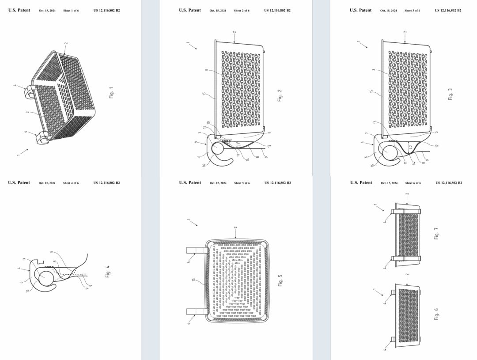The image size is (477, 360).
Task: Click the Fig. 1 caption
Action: point(111,92)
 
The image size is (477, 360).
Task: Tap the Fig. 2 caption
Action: point(280,95)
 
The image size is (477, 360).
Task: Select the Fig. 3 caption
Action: point(450,94)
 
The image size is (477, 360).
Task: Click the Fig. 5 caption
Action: point(280,280)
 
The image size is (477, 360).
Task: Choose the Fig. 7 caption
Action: point(436,233)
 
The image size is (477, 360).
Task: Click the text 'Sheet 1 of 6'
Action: point(71,10)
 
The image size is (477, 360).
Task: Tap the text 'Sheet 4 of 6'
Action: point(71,183)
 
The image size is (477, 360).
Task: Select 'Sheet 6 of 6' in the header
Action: point(413,183)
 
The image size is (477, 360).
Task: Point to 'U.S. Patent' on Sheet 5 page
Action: point(190,182)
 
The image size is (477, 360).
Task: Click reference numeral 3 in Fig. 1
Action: point(27,113)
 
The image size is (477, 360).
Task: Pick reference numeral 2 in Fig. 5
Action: point(235,228)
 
